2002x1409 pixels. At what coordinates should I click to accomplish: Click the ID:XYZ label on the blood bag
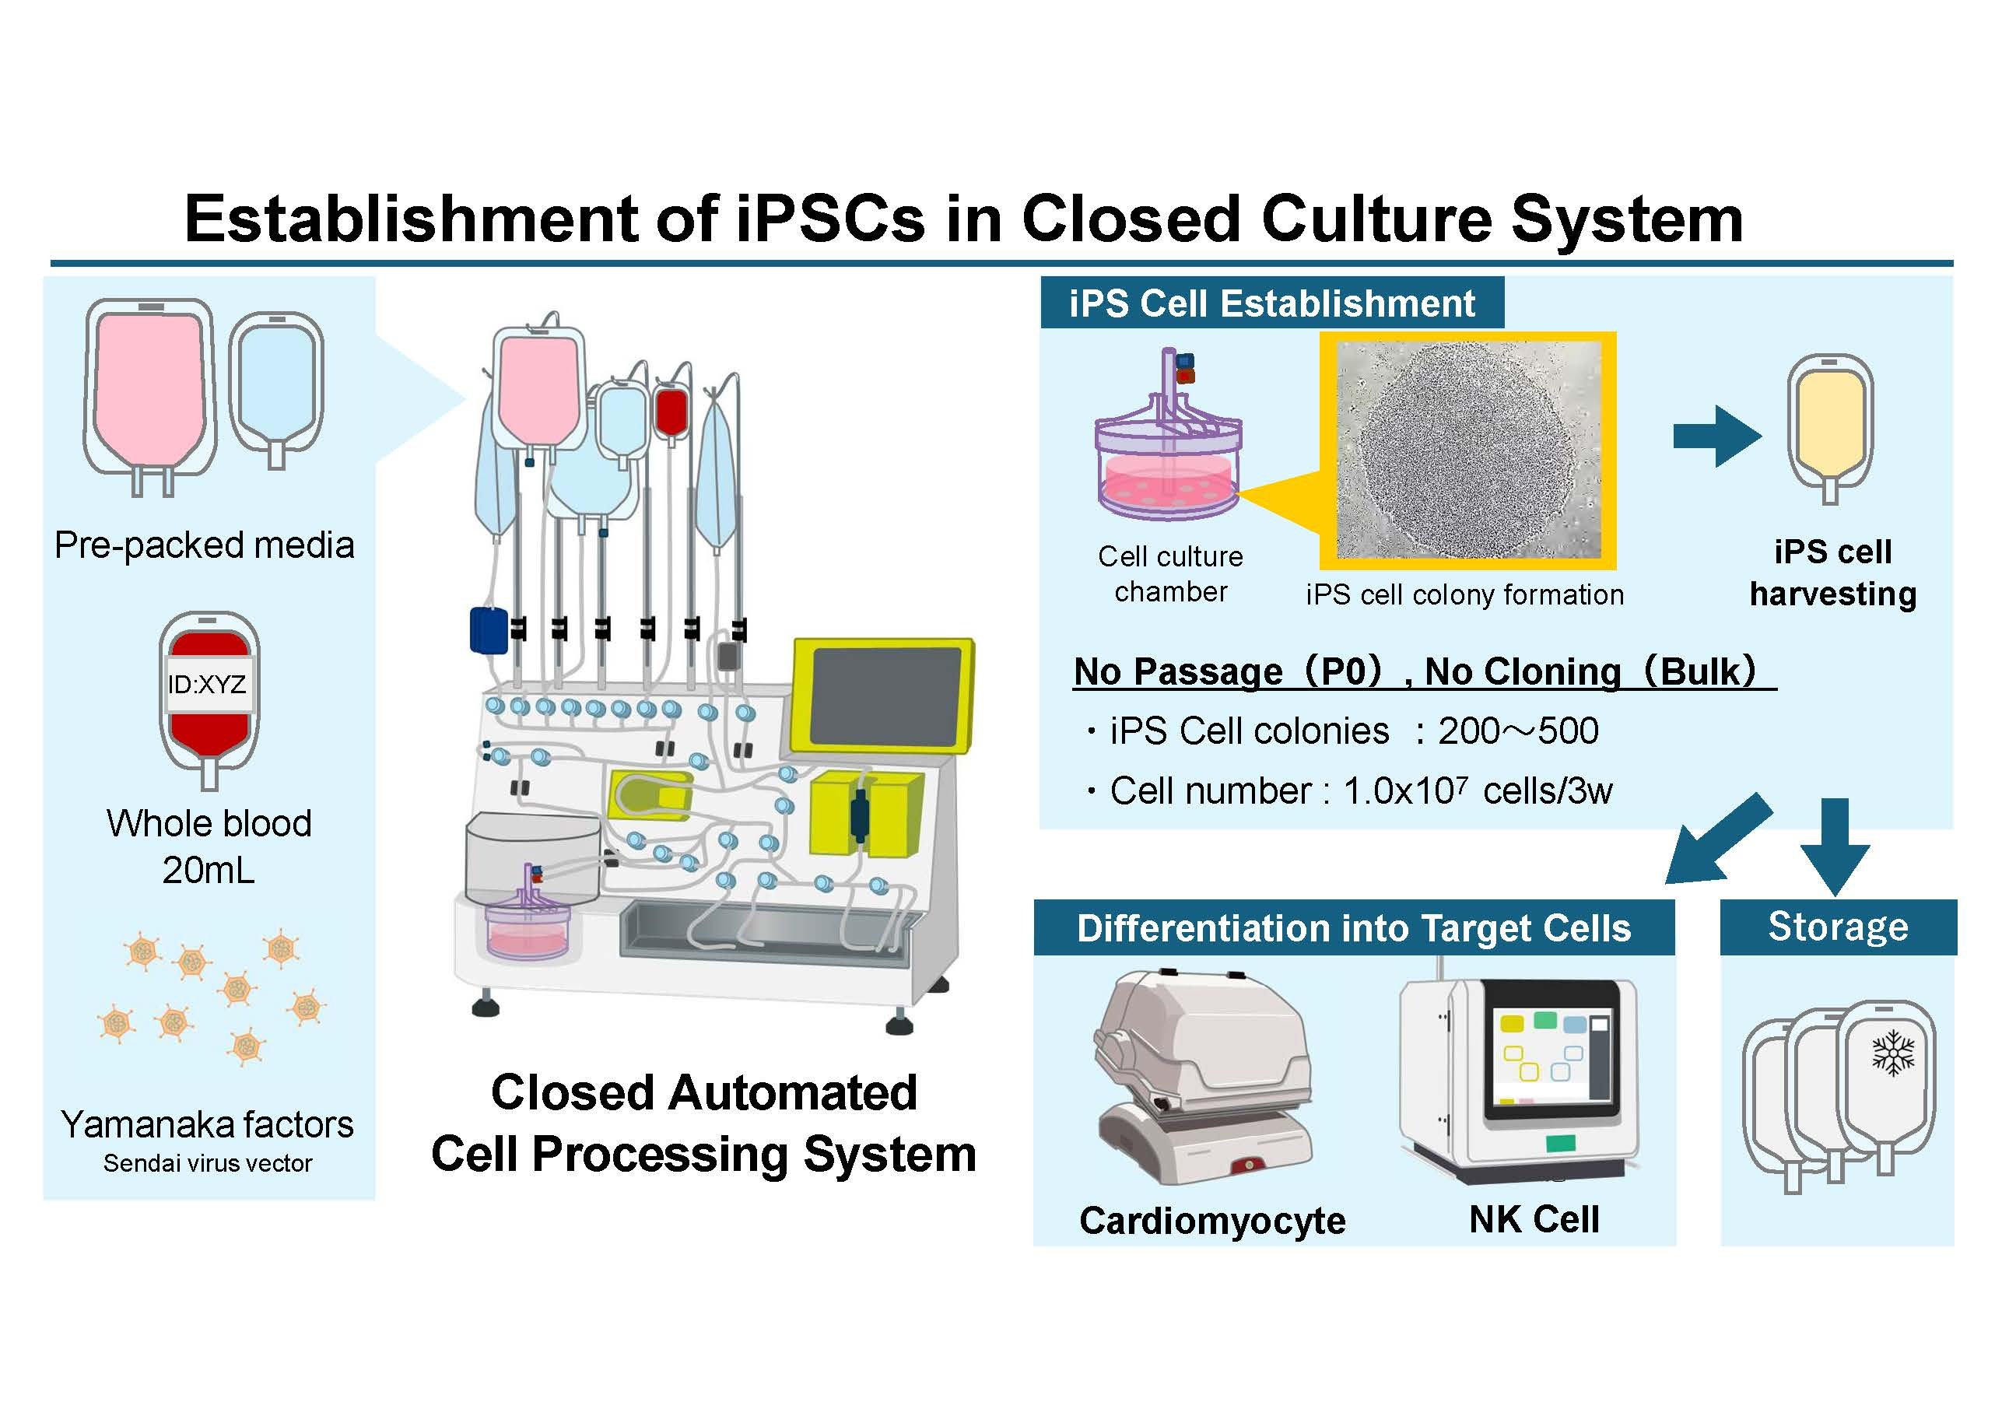pyautogui.click(x=208, y=685)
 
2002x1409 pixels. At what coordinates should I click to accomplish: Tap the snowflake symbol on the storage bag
pyautogui.click(x=1893, y=1053)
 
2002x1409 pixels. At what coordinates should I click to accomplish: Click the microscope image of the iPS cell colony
pyautogui.click(x=1468, y=450)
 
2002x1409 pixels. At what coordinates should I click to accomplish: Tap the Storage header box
pyautogui.click(x=1837, y=927)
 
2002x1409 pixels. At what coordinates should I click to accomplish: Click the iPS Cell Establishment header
pyautogui.click(x=1271, y=303)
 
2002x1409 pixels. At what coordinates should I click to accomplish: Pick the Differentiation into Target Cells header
pyautogui.click(x=1353, y=929)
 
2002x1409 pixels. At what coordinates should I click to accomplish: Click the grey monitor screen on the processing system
pyautogui.click(x=885, y=696)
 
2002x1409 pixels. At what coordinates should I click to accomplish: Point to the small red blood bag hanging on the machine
pyautogui.click(x=671, y=412)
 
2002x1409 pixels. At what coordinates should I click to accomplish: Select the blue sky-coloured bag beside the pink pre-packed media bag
pyautogui.click(x=276, y=384)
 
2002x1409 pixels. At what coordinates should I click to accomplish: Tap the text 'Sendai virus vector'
pyautogui.click(x=208, y=1163)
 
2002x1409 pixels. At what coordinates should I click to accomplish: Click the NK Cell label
pyautogui.click(x=1534, y=1219)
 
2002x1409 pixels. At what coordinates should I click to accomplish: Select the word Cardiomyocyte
pyautogui.click(x=1212, y=1220)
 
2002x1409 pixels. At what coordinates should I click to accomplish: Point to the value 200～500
pyautogui.click(x=1518, y=731)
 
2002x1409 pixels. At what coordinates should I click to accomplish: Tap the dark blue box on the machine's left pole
pyautogui.click(x=489, y=630)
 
